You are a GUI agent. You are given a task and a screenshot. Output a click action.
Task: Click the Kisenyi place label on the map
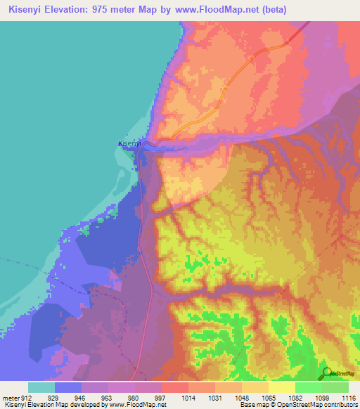tap(129, 143)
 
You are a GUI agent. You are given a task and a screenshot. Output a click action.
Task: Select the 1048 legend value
tap(241, 398)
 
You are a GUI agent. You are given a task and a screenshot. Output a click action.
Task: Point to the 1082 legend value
tap(295, 398)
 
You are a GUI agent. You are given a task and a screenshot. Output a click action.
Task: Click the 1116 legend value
tap(348, 398)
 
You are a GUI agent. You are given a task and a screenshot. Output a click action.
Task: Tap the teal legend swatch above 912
tap(41, 387)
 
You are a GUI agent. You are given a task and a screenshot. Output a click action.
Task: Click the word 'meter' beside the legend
tap(10, 398)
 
